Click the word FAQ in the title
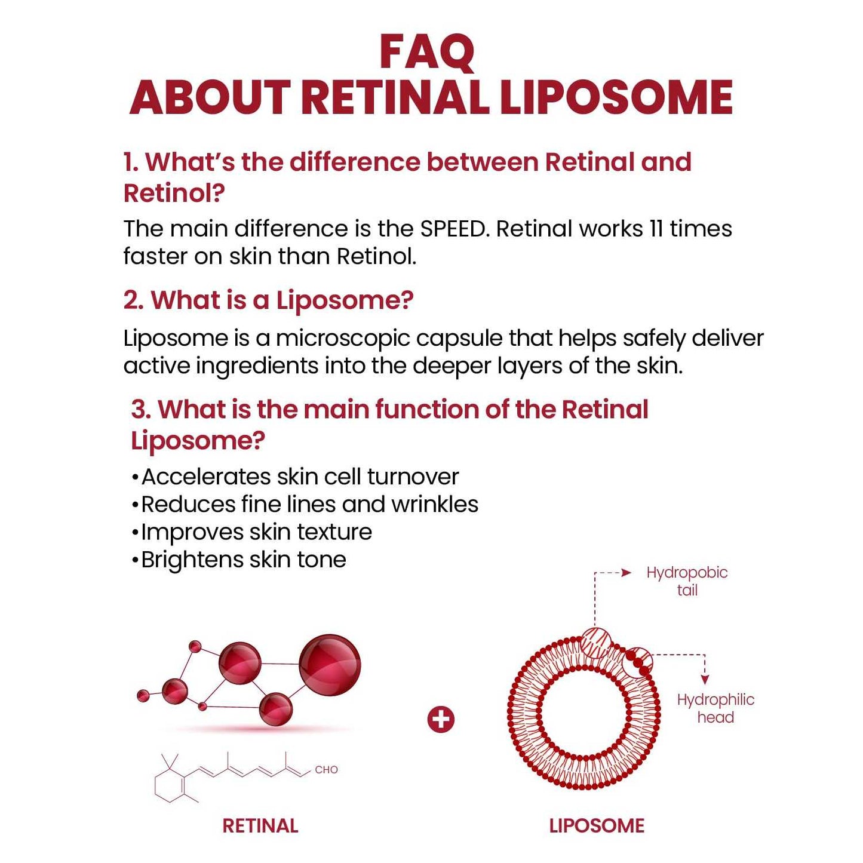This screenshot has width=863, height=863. [x=426, y=53]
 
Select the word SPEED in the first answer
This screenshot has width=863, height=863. [x=453, y=229]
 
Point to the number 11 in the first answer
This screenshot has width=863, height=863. [x=656, y=229]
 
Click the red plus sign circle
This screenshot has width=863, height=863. [x=441, y=720]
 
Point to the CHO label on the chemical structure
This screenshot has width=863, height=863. [x=326, y=770]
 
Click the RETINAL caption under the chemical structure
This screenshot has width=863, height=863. [x=260, y=826]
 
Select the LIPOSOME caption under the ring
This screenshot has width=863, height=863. [x=597, y=826]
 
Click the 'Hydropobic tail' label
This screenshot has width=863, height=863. [x=687, y=581]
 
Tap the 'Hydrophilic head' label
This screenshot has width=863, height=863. [x=715, y=708]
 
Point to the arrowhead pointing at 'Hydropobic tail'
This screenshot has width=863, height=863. [x=626, y=573]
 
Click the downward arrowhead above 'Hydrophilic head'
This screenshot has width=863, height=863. [x=705, y=680]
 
